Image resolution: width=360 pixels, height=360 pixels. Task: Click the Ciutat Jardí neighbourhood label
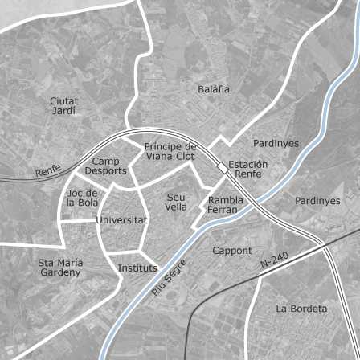click(64, 106)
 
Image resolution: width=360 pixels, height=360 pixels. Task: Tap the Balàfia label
click(214, 89)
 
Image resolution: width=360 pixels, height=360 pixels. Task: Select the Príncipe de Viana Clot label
click(170, 151)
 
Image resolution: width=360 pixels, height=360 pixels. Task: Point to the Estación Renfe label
click(247, 169)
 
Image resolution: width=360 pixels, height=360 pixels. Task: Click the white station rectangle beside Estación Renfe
click(221, 166)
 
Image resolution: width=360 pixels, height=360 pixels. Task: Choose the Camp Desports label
click(105, 166)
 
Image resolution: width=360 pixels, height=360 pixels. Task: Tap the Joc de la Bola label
click(82, 198)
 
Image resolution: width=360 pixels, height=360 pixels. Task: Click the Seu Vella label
click(176, 202)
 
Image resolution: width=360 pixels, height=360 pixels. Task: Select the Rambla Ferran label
click(225, 205)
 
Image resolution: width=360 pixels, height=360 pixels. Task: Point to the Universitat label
click(121, 219)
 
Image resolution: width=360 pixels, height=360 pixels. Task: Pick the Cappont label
click(232, 251)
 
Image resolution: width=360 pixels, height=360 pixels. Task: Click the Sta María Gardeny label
click(60, 267)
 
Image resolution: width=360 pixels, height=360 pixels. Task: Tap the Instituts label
click(137, 268)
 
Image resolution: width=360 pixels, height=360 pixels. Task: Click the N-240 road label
click(274, 260)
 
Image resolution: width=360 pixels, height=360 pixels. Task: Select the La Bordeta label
click(301, 309)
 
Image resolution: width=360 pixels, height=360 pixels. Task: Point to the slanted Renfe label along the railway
click(48, 170)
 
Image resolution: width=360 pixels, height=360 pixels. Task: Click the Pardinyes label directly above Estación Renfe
click(276, 143)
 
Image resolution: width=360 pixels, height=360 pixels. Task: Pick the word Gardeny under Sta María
click(60, 272)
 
